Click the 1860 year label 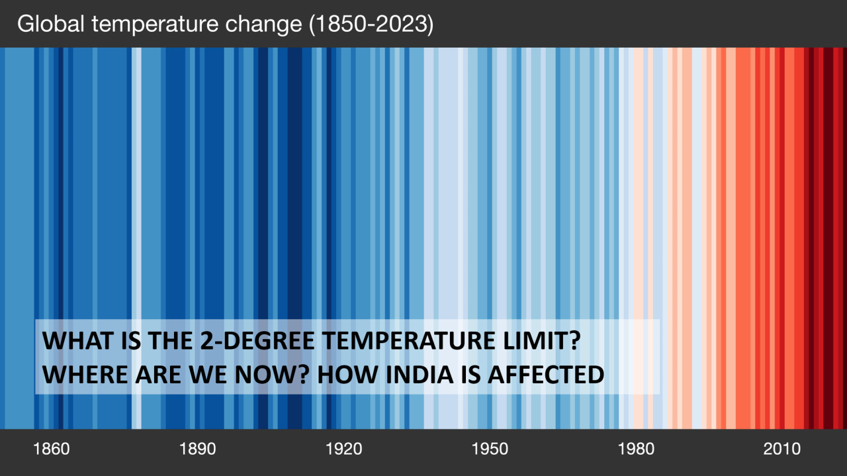(51, 450)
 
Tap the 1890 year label (197, 450)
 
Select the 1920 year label (343, 450)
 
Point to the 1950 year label (490, 450)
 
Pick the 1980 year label (636, 450)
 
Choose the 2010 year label (782, 450)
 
